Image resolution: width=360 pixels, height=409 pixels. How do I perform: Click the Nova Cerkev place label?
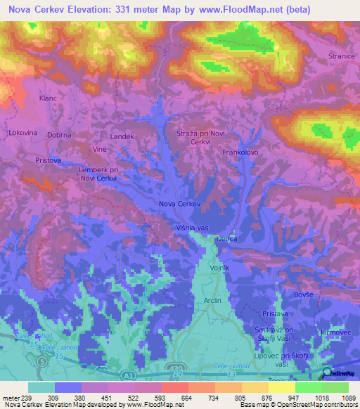[x=180, y=204]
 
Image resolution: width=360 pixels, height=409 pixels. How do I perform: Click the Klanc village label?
[x=48, y=98]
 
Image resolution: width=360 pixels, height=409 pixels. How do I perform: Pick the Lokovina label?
[x=22, y=132]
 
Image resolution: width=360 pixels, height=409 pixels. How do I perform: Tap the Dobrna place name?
[x=59, y=134]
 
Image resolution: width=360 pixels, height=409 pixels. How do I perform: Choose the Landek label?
[x=122, y=136]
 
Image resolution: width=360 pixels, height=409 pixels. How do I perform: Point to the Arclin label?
[x=212, y=300]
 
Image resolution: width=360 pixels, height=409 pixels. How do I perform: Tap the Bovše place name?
[x=303, y=294]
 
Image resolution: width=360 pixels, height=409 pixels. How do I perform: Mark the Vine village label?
[x=98, y=150]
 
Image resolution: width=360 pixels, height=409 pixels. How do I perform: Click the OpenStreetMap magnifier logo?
[x=326, y=372]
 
